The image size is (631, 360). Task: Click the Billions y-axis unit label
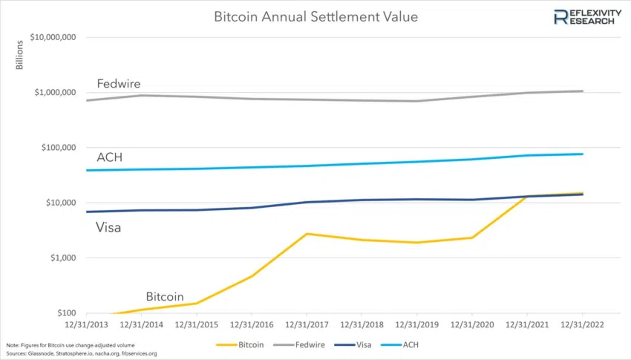pyautogui.click(x=19, y=56)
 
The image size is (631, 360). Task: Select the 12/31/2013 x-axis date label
pyautogui.click(x=86, y=324)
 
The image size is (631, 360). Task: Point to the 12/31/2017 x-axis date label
pyautogui.click(x=307, y=324)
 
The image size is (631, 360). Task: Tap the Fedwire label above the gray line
pyautogui.click(x=118, y=84)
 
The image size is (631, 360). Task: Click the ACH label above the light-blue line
pyautogui.click(x=109, y=157)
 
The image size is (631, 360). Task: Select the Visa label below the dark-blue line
pyautogui.click(x=108, y=228)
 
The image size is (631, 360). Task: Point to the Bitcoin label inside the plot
pyautogui.click(x=164, y=296)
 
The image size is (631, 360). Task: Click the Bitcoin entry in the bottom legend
pyautogui.click(x=245, y=345)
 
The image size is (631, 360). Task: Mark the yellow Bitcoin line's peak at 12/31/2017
pyautogui.click(x=307, y=234)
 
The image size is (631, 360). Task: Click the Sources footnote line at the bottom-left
pyautogui.click(x=81, y=353)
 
